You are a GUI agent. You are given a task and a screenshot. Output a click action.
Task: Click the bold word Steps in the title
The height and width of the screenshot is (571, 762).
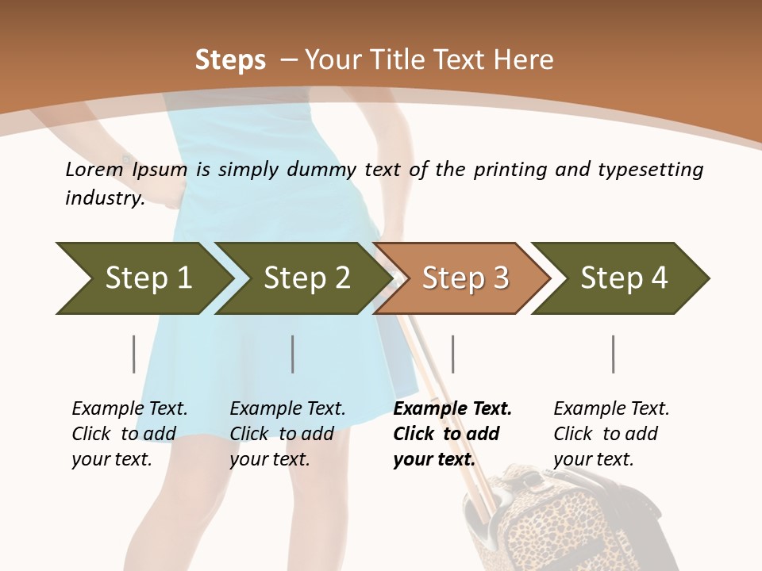click(230, 59)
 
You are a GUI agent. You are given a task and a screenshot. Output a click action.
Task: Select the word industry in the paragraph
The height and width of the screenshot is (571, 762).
click(104, 198)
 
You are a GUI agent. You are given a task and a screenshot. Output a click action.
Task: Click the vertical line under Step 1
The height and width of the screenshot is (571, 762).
click(133, 354)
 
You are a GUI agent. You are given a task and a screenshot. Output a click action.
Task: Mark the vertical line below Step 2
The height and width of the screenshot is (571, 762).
click(293, 354)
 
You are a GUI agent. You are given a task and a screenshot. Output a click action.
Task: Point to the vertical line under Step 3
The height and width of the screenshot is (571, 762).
click(452, 354)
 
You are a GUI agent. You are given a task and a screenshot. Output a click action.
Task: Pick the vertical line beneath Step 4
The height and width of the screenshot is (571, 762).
click(613, 354)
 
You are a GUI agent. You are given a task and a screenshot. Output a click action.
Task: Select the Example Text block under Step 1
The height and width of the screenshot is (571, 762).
click(129, 434)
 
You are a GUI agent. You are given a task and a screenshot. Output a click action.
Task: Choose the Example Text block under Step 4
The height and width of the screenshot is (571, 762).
click(611, 434)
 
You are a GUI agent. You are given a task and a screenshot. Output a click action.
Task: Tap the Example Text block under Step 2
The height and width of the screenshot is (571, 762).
click(287, 434)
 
